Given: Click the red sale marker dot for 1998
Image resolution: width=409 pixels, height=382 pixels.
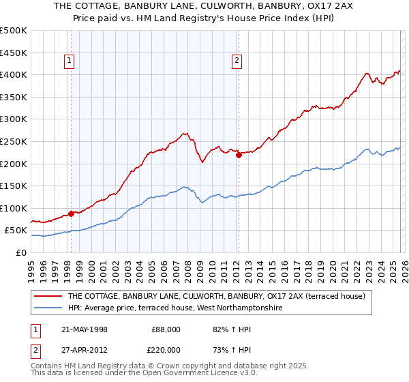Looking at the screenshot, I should (x=72, y=214).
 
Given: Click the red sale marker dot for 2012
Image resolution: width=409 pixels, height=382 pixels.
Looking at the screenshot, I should (x=239, y=155).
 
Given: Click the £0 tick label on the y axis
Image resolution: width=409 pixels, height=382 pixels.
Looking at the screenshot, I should (x=20, y=252).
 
